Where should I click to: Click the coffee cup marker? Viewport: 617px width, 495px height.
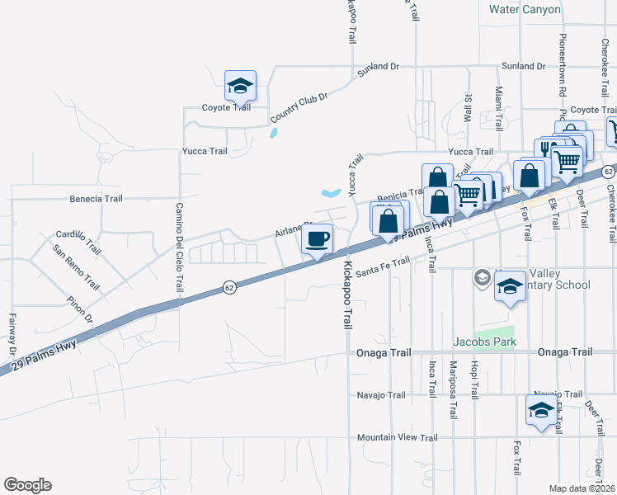pos(318,239)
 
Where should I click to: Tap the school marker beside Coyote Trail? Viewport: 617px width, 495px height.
pos(240,86)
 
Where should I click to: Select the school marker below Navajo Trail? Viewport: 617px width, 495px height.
pos(540,410)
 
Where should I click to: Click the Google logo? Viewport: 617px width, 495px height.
pos(27,485)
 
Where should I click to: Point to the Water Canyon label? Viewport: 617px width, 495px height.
pos(525,10)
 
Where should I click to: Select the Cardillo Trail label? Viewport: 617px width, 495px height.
pos(78,242)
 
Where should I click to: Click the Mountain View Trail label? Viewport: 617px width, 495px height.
pos(396,437)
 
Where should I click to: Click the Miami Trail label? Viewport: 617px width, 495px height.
pos(499,102)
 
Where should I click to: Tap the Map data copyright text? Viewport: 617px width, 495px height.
pos(581,488)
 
